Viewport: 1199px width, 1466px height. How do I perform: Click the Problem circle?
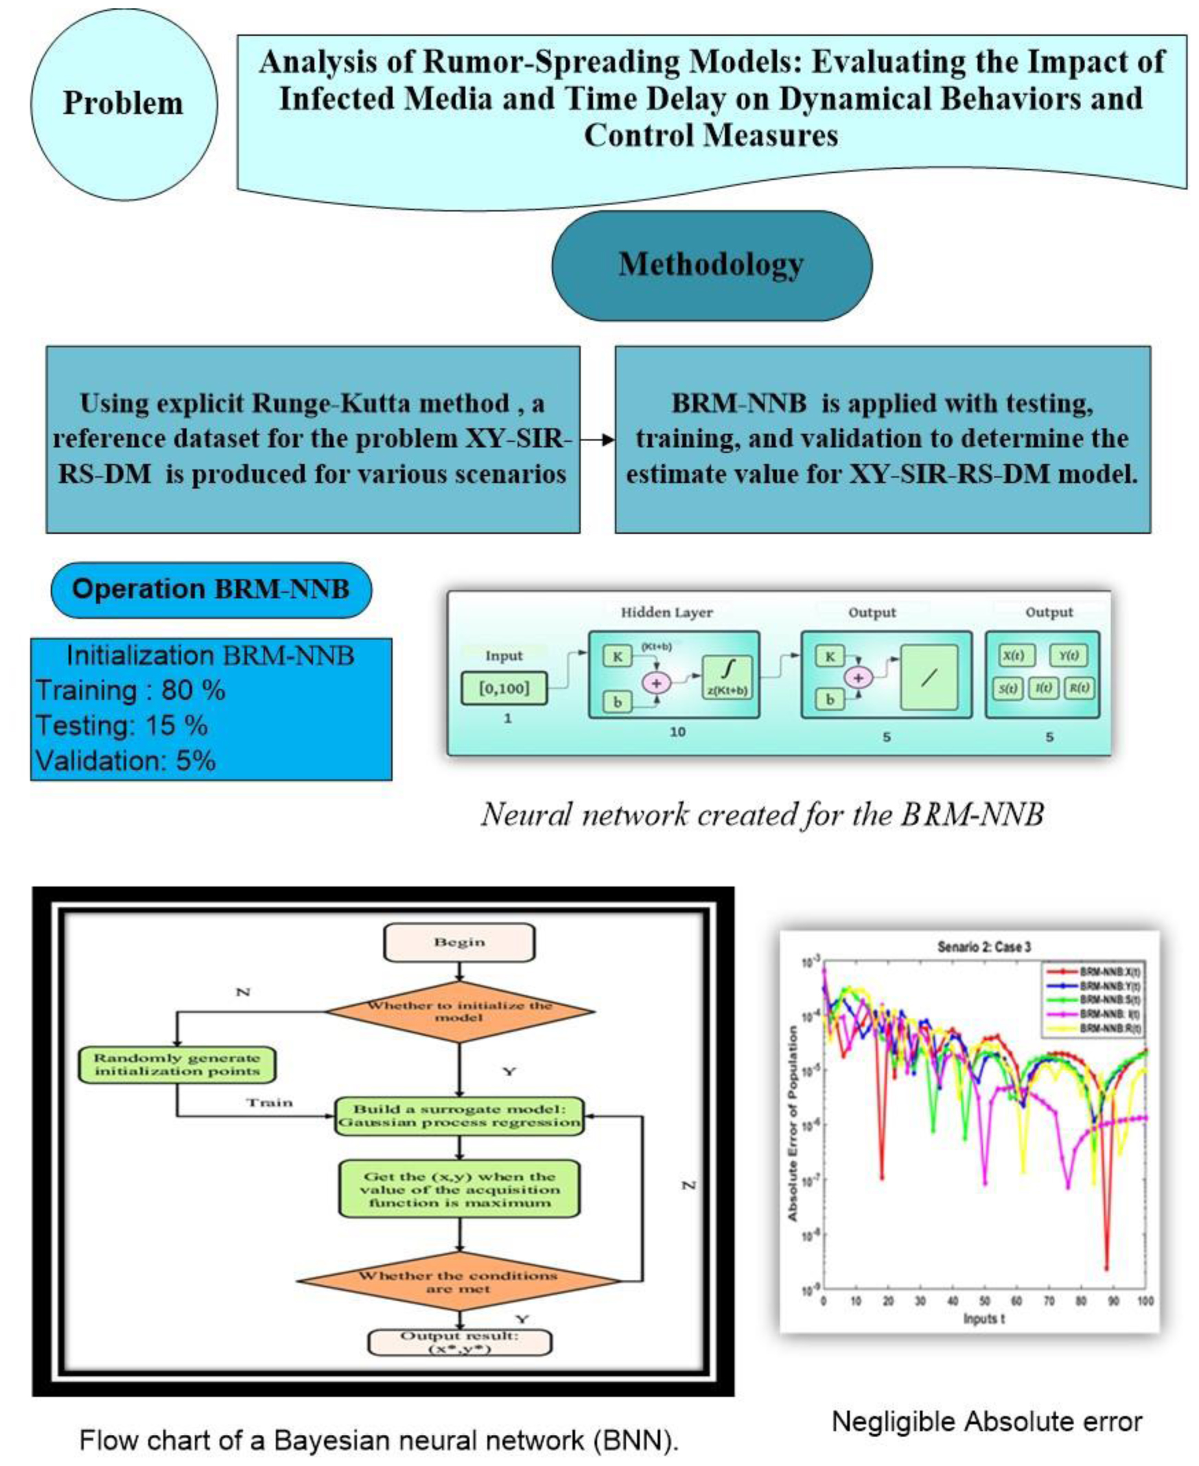tap(124, 104)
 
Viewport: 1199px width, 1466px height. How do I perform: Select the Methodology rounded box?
tap(712, 265)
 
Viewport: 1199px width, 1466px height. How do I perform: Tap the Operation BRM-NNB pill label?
tap(211, 589)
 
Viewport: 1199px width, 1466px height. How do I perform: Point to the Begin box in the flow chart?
tap(459, 942)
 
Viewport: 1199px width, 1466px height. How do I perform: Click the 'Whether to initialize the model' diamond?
tap(459, 1011)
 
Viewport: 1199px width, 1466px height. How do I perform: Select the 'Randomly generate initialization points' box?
tap(177, 1064)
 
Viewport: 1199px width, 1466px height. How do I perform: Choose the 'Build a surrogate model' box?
tap(459, 1116)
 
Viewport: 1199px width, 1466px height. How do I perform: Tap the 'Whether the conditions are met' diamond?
tap(458, 1281)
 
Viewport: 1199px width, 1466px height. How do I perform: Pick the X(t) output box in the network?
tap(1013, 656)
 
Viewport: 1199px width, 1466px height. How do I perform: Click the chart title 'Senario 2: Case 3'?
tap(983, 947)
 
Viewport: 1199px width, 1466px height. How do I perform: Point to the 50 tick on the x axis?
tap(984, 1301)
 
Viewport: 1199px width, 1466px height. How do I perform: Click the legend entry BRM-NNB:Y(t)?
tap(1109, 986)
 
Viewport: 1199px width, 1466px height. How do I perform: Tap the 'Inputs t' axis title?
tap(983, 1319)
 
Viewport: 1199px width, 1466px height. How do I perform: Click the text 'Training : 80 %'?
tap(130, 690)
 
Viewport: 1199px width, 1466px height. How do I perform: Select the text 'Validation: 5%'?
tap(126, 761)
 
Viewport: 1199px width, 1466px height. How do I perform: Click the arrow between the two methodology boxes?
tap(597, 440)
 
